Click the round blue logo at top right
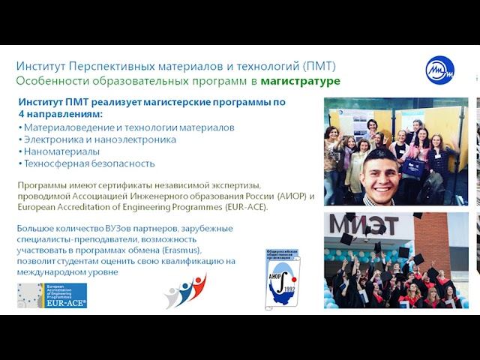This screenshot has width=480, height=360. (x=439, y=70)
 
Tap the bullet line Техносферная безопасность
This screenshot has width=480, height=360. (x=88, y=163)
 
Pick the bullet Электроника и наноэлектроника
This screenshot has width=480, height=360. (x=100, y=139)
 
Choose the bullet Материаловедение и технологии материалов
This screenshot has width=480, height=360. (x=128, y=127)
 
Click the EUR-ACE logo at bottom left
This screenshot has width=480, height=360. (x=52, y=295)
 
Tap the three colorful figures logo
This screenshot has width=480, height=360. (x=185, y=291)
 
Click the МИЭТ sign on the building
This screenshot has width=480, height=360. (x=364, y=224)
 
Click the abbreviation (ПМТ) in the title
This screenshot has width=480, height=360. (x=319, y=66)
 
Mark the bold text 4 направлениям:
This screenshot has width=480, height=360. (x=60, y=114)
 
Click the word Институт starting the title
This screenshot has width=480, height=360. (x=41, y=66)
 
